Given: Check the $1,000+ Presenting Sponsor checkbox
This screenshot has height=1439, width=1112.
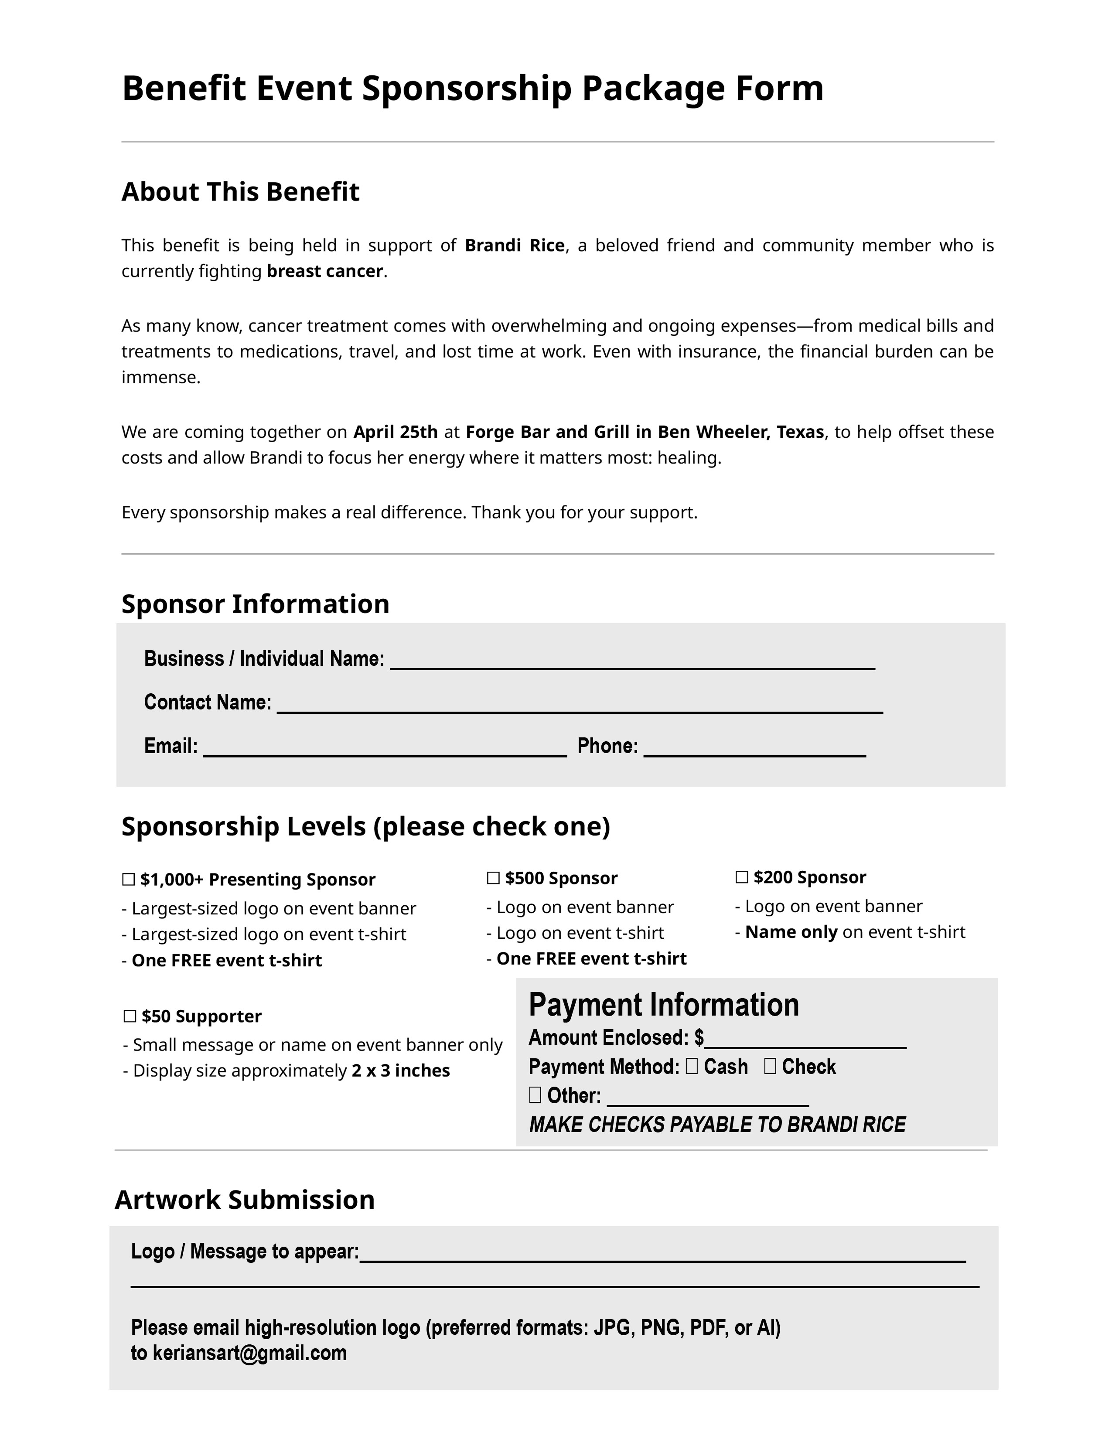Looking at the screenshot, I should coord(129,879).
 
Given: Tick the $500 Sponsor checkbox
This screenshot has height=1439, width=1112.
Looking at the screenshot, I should coord(493,878).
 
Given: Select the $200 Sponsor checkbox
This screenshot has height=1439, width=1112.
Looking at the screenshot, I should coord(742,877).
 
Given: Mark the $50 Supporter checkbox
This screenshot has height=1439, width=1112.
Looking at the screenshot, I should coord(130,1016).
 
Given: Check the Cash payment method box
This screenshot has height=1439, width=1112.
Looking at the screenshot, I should coord(692,1066).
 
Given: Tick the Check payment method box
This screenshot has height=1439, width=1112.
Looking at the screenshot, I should coord(770,1066).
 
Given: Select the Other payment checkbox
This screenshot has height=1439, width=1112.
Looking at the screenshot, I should coord(535,1095).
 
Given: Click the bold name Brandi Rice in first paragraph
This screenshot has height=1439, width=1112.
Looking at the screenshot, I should coord(515,246).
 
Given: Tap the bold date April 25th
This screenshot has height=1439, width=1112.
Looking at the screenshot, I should coord(395,432).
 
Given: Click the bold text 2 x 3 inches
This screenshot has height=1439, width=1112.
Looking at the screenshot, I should coord(400,1071).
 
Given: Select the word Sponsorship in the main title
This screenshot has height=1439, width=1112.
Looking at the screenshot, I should coord(467,88).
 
